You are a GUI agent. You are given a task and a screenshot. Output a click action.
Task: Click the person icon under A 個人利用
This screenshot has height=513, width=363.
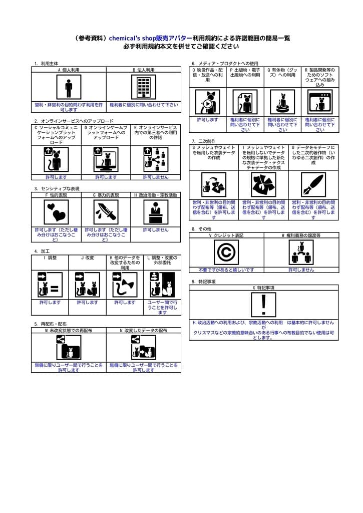point(69,87)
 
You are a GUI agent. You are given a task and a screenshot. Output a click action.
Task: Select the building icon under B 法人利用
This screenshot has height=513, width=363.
point(144,87)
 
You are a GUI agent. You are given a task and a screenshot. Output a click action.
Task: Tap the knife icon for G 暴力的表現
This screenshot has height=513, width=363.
point(106,212)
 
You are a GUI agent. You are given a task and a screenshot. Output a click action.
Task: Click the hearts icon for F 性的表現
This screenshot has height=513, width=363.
point(56,212)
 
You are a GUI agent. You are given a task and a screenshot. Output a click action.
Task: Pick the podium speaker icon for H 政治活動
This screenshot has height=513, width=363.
point(156,212)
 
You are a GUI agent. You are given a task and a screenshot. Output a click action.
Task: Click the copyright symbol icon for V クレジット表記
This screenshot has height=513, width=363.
point(226,252)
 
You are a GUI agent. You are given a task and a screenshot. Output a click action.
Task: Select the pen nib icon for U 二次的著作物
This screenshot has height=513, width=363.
point(313,184)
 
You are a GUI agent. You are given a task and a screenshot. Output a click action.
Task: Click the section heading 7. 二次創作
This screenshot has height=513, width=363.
point(204,142)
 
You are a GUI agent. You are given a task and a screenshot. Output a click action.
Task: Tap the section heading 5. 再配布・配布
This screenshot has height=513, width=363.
point(50,324)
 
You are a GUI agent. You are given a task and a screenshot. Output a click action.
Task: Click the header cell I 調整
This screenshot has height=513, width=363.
point(50,258)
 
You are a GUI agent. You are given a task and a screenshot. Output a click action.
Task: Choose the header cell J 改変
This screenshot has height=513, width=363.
point(87,258)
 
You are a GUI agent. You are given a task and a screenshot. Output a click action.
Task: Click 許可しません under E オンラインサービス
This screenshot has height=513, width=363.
point(156,177)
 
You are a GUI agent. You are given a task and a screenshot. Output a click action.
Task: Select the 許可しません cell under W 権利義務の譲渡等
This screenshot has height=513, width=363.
point(301,270)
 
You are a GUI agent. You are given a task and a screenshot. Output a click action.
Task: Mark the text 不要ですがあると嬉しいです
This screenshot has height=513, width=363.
point(226,270)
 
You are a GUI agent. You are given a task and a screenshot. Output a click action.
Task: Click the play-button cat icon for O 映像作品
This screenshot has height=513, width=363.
point(207,102)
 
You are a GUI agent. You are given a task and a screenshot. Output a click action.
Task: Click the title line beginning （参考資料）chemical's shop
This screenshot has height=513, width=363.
point(181,38)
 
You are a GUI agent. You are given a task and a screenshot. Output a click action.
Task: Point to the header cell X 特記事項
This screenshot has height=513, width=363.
point(263,288)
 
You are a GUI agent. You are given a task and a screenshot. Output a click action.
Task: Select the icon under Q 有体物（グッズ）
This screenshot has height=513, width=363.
point(282,102)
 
